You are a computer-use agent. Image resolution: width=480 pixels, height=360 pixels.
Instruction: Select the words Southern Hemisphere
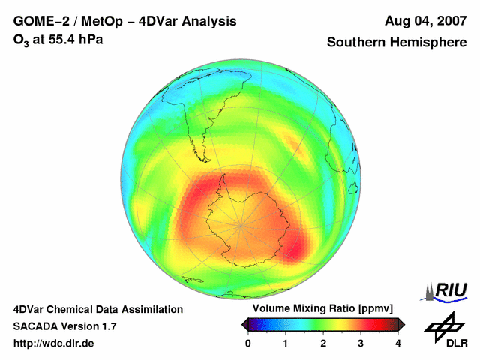click(397, 43)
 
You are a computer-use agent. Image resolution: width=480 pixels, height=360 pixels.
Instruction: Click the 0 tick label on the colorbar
click(248, 343)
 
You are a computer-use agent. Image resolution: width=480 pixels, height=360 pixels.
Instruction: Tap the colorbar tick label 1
click(286, 343)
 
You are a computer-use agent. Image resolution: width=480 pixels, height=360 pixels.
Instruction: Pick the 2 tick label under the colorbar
click(323, 343)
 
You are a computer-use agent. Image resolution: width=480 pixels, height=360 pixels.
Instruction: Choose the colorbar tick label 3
click(361, 343)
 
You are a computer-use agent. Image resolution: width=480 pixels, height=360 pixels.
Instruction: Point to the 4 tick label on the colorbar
click(398, 343)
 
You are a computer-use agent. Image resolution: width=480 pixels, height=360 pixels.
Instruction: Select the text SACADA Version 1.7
click(64, 326)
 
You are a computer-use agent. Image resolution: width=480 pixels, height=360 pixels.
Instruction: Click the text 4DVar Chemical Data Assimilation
click(98, 309)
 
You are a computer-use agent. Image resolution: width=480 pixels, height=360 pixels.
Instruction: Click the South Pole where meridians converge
click(241, 223)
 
